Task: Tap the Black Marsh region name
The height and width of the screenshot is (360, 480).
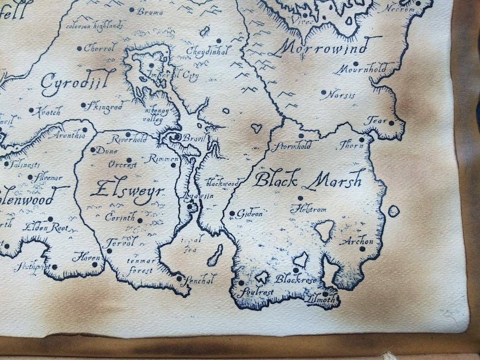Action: (x=308, y=179)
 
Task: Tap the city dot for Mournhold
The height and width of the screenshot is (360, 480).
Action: (x=355, y=63)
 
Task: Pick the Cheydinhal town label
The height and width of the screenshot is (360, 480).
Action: (x=207, y=51)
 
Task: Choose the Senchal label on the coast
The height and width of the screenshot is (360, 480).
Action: (x=199, y=279)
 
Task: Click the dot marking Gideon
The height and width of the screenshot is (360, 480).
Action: (x=232, y=213)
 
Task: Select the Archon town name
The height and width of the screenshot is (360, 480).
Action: (x=357, y=241)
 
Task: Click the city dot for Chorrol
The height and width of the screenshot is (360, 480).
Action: (x=79, y=48)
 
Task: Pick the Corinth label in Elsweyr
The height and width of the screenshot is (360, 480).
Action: (x=120, y=216)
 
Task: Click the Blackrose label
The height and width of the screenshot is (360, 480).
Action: (x=296, y=279)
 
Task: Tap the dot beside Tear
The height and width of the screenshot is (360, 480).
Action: (x=391, y=123)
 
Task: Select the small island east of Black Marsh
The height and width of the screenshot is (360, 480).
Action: (x=394, y=211)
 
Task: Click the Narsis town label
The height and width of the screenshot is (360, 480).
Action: (x=342, y=95)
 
